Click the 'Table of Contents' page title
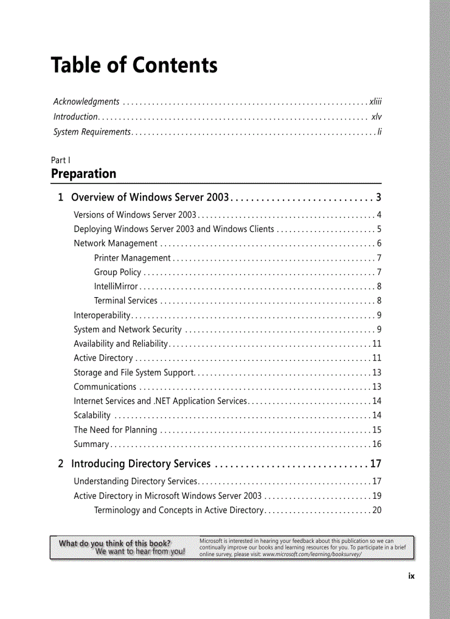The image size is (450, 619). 134,65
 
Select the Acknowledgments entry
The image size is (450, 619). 87,101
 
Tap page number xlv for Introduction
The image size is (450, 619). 376,116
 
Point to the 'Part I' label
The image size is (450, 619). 61,160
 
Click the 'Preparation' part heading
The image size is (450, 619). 84,174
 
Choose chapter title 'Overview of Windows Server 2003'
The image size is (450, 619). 150,197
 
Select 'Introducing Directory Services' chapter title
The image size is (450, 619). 141,464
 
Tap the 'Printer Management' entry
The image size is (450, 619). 132,258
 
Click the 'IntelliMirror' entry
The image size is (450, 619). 116,286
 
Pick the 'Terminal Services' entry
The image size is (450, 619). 126,300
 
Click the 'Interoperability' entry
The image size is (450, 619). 102,315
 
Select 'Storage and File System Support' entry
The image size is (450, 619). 134,373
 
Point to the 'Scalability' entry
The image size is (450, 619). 92,415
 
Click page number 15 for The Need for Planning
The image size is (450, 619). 377,430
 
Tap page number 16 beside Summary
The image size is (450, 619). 377,444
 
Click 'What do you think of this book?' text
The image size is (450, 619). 115,543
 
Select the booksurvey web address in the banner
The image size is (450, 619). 312,555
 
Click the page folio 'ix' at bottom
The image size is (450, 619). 411,576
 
